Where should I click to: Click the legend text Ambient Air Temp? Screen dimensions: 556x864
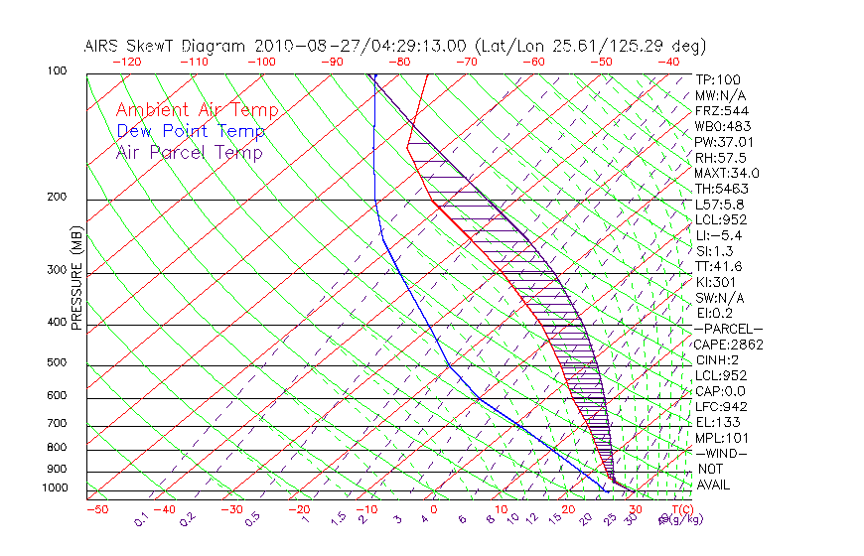pyautogui.click(x=197, y=110)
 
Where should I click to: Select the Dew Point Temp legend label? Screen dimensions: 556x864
pyautogui.click(x=190, y=131)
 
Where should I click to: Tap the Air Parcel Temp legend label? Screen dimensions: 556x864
pyautogui.click(x=189, y=152)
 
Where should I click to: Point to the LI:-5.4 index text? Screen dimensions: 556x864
pyautogui.click(x=719, y=235)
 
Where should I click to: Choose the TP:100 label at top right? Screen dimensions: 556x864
pyautogui.click(x=718, y=79)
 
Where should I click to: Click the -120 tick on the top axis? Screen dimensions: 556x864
pyautogui.click(x=126, y=61)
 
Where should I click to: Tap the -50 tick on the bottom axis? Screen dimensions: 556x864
pyautogui.click(x=96, y=509)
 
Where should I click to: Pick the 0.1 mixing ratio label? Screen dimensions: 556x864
pyautogui.click(x=141, y=519)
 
